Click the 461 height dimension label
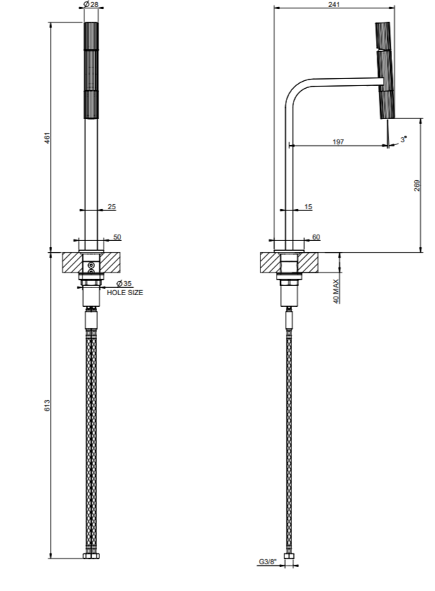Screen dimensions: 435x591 [x=47, y=137]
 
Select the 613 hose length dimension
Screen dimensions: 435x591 [x=47, y=405]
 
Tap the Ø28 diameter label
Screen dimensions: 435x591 [x=91, y=4]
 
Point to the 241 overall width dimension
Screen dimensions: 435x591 [x=334, y=4]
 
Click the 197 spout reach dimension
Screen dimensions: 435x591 [x=338, y=142]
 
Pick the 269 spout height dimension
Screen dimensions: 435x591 [x=417, y=185]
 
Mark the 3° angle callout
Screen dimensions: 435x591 [x=404, y=139]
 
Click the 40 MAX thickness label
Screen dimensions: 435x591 [x=336, y=291]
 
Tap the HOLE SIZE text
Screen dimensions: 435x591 [x=125, y=292]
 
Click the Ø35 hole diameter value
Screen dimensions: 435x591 [x=124, y=283]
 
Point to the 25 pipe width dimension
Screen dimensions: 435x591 [x=112, y=206]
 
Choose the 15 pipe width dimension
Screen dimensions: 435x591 [x=308, y=206]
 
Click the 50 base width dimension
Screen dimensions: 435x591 [x=117, y=237]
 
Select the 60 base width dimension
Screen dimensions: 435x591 [x=316, y=237]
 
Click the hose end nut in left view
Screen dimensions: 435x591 [x=91, y=556]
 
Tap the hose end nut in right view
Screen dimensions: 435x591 [x=289, y=556]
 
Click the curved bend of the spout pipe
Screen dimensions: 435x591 [x=296, y=89]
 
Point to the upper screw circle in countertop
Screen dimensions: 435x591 [x=91, y=266]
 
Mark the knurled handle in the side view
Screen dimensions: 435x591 [x=384, y=70]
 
